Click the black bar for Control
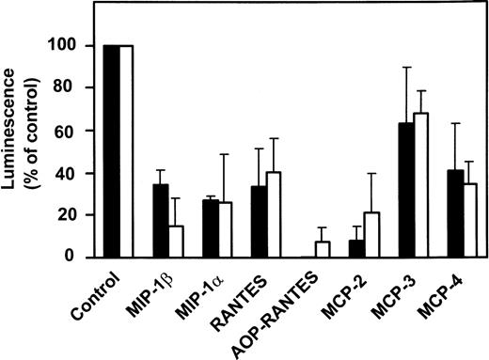pyautogui.click(x=111, y=150)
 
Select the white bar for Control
pyautogui.click(x=126, y=150)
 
